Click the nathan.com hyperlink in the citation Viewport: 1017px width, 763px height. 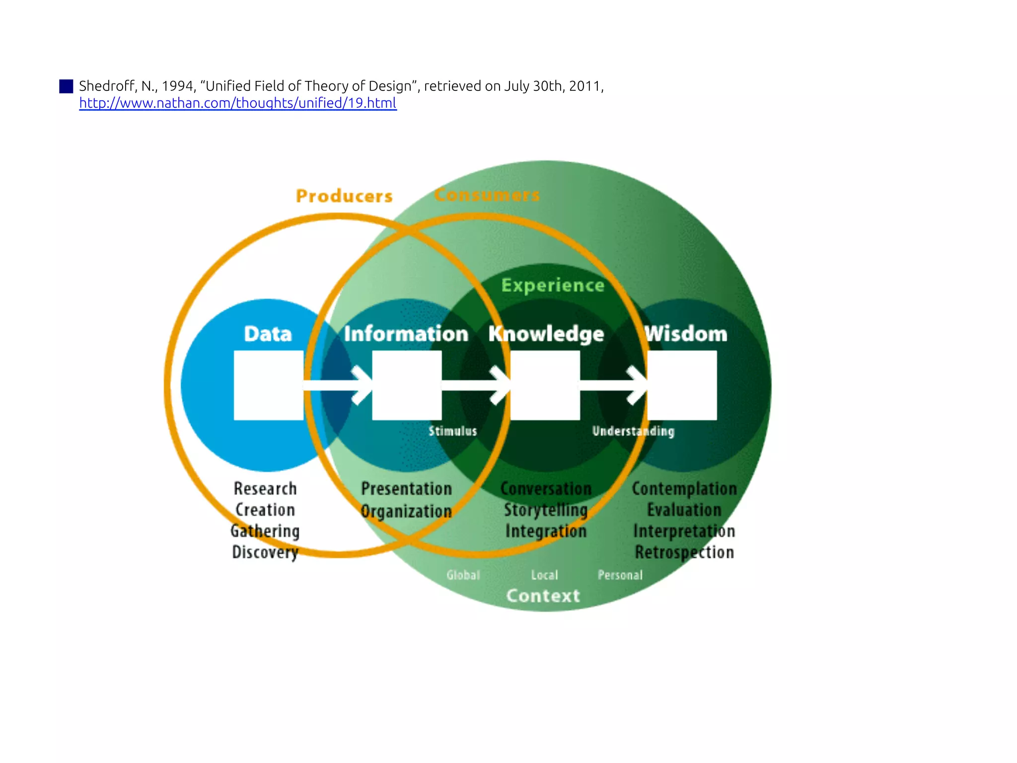click(238, 103)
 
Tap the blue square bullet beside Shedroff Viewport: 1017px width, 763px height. click(66, 86)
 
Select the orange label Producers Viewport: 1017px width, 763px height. click(344, 196)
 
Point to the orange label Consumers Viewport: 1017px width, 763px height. click(487, 195)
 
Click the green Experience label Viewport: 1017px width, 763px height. click(553, 286)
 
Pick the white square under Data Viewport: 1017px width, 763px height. click(269, 385)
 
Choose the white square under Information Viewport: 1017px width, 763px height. click(407, 385)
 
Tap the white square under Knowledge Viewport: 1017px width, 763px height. click(545, 385)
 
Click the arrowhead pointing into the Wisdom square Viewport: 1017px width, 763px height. click(638, 385)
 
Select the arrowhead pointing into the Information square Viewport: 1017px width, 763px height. click(363, 385)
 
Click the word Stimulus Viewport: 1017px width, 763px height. click(452, 431)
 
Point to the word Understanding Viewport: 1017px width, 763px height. click(633, 431)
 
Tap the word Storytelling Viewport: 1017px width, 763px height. click(546, 510)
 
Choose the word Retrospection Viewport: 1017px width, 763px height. click(684, 552)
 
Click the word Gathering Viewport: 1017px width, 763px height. click(265, 531)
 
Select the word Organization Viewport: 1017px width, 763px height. click(406, 511)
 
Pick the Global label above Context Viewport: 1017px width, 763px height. click(463, 575)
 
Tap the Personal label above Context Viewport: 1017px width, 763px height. click(620, 575)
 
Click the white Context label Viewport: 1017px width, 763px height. click(543, 596)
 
